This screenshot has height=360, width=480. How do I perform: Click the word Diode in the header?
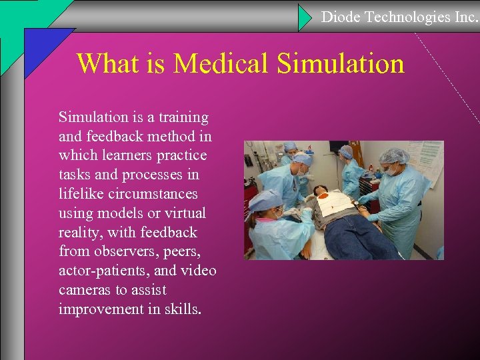point(341,17)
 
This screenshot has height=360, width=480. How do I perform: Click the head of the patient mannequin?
point(322,193)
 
